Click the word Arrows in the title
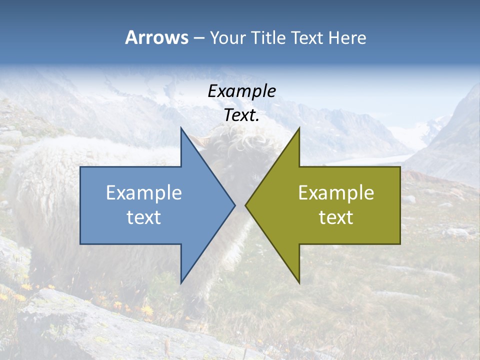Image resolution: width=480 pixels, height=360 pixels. click(157, 37)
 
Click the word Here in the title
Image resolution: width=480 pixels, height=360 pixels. click(347, 38)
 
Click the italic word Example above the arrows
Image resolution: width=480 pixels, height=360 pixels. click(241, 91)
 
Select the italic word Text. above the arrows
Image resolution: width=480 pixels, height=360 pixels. click(241, 115)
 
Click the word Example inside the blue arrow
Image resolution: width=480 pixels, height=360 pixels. click(144, 192)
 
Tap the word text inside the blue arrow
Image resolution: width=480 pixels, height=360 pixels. click(144, 217)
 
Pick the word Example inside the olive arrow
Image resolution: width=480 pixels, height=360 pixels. click(336, 192)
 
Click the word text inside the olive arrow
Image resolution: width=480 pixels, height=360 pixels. click(336, 217)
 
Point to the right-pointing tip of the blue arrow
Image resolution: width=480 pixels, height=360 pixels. click(234, 205)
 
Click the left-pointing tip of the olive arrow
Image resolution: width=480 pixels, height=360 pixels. click(245, 205)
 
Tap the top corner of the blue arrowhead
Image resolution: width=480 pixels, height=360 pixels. click(181, 128)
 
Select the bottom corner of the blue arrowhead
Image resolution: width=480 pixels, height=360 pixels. click(181, 283)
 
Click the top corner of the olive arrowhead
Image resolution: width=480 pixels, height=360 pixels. click(299, 128)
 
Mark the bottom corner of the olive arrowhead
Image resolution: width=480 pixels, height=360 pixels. click(299, 283)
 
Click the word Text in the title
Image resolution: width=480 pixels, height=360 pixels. click(308, 38)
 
